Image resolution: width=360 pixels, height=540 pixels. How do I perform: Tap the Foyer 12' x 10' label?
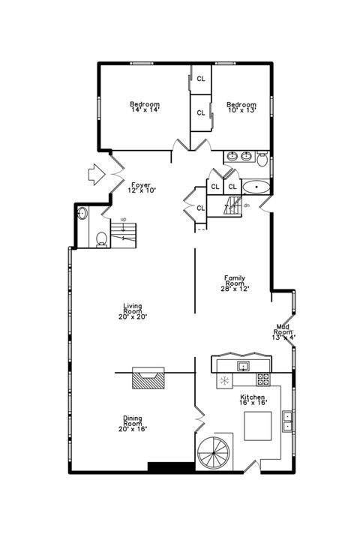[x=140, y=187]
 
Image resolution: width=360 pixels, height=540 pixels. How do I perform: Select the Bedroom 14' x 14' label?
[x=144, y=107]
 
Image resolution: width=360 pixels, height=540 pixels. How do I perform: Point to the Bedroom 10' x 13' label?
[x=241, y=108]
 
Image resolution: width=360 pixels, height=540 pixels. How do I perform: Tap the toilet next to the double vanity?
[x=262, y=158]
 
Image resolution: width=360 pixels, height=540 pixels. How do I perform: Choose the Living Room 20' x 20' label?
[x=133, y=311]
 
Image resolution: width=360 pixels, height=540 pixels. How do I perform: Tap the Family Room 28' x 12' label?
[x=235, y=283]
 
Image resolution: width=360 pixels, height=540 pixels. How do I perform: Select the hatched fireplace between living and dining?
[x=147, y=378]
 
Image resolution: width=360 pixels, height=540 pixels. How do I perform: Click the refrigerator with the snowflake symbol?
[x=223, y=382]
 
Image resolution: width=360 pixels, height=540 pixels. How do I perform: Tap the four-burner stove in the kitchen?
[x=263, y=379]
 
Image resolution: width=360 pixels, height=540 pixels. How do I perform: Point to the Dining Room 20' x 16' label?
[x=133, y=424]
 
